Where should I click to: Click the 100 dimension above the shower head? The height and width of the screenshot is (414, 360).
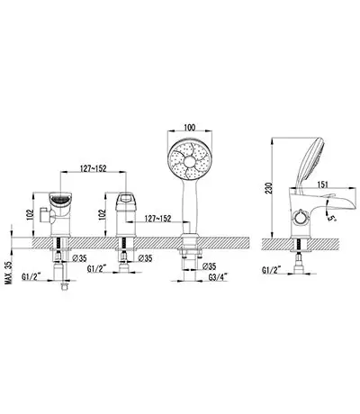190,127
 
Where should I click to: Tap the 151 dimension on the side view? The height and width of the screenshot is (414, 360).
322,184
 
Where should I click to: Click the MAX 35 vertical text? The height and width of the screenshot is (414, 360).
8,273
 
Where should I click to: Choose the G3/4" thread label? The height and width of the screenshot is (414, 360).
218,277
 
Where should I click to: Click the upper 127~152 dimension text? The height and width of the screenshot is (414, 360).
93,168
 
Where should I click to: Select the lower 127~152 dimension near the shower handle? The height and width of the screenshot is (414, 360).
157,219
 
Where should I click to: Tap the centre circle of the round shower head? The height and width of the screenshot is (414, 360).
190,162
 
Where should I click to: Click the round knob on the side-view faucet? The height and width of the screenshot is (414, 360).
300,217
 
